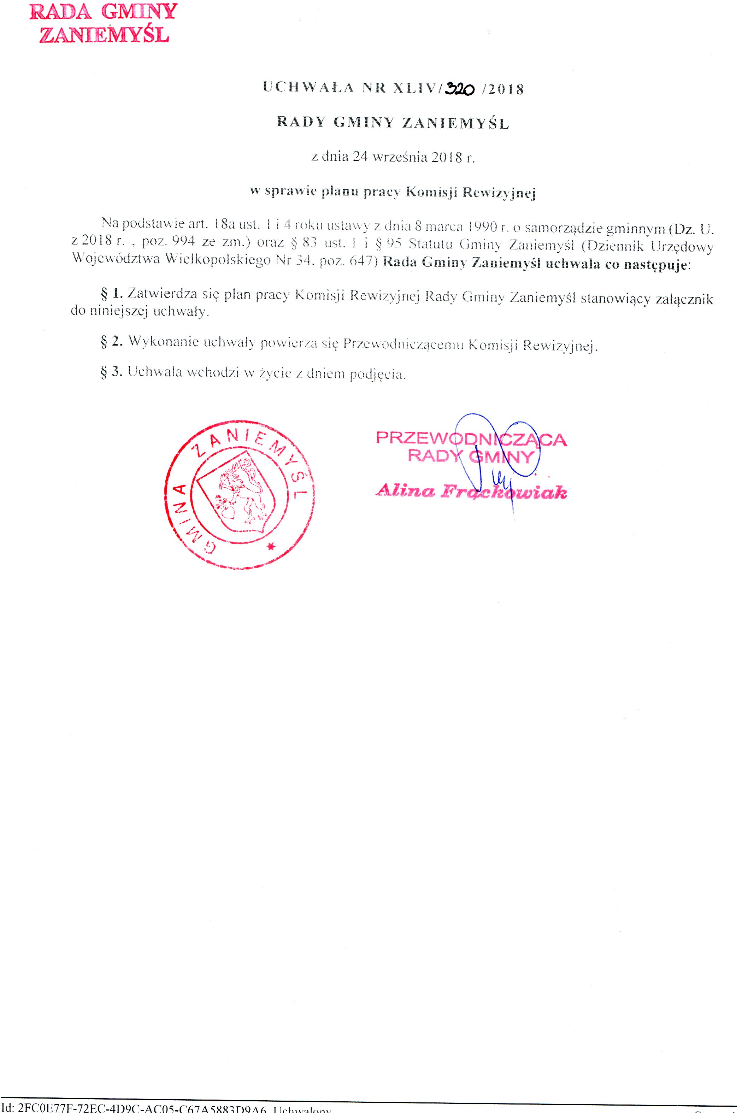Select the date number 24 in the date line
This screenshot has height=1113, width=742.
coord(360,157)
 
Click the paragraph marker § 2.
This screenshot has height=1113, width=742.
coord(112,342)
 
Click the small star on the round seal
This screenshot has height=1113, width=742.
coord(271,547)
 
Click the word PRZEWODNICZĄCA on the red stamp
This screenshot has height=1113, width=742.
coord(471,439)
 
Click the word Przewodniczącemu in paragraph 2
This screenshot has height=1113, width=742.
coord(403,343)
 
